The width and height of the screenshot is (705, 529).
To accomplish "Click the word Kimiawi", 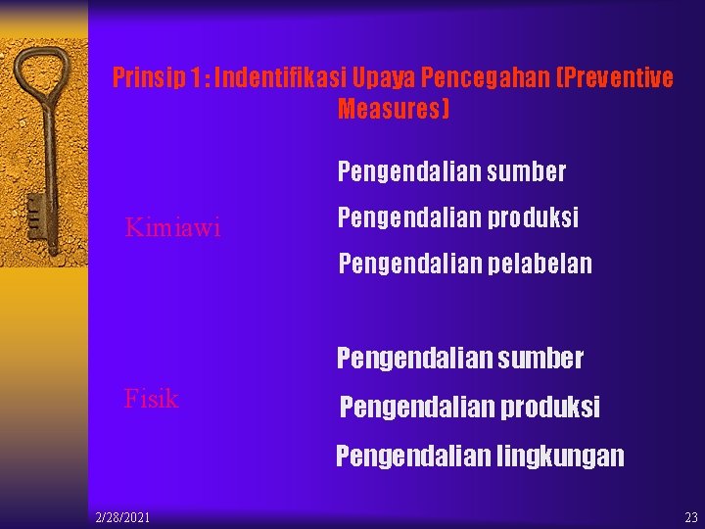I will [172, 228].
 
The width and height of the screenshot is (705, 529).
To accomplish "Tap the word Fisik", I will [151, 399].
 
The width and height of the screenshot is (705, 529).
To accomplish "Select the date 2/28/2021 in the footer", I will [122, 516].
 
